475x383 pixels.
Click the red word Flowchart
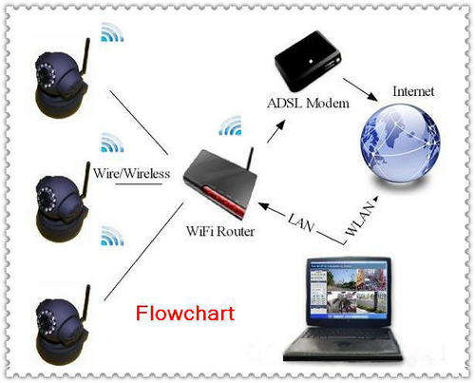(185, 314)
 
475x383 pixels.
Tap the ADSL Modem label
(308, 104)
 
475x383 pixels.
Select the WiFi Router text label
(220, 231)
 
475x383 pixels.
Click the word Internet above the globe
(413, 91)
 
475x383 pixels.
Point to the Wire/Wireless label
(132, 173)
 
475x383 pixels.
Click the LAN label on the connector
(301, 221)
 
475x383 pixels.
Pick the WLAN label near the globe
(360, 220)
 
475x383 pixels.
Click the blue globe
(400, 144)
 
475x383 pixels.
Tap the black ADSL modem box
(308, 61)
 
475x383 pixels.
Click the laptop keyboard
(344, 340)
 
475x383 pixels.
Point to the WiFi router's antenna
(250, 159)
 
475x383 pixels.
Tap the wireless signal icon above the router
(231, 126)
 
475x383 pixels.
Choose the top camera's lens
(47, 76)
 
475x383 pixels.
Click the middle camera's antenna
(86, 179)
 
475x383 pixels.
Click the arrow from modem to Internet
(361, 89)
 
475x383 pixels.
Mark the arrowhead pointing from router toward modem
(280, 124)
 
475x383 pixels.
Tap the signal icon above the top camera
(112, 33)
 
